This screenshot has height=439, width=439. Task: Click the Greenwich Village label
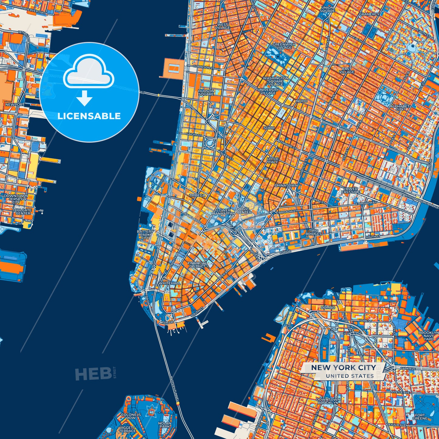pyautogui.click(x=284, y=46)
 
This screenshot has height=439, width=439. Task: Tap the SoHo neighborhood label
pyautogui.click(x=269, y=128)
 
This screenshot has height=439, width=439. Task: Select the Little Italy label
pyautogui.click(x=273, y=160)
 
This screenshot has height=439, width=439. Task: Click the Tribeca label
pyautogui.click(x=197, y=195)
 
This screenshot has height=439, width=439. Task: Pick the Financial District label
pyautogui.click(x=197, y=265)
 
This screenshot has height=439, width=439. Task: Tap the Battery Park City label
pyautogui.click(x=145, y=235)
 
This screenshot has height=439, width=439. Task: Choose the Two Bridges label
pyautogui.click(x=314, y=232)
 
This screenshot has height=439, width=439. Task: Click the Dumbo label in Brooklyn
pyautogui.click(x=328, y=307)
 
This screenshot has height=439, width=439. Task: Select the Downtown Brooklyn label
pyautogui.click(x=328, y=401)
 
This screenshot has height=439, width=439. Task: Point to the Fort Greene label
pyautogui.click(x=420, y=417)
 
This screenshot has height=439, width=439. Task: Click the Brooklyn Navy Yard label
pyautogui.click(x=428, y=336)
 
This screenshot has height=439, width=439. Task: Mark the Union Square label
pyautogui.click(x=328, y=9)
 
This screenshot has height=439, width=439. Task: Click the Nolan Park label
pyautogui.click(x=164, y=425)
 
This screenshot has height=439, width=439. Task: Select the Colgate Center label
pyautogui.click(x=23, y=211)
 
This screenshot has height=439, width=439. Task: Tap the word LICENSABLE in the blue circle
pyautogui.click(x=89, y=116)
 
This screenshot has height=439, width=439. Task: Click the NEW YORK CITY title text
pyautogui.click(x=343, y=368)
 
